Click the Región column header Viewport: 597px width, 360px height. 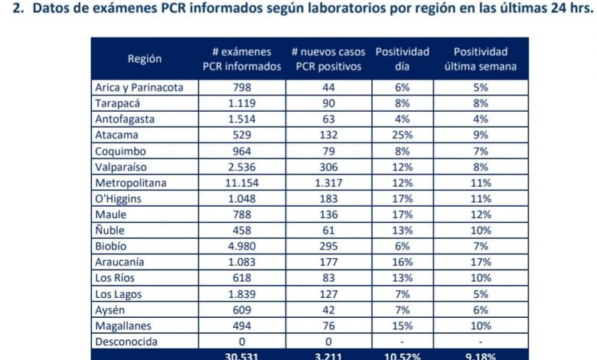point(145,59)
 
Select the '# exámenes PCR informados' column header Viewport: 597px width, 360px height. point(241,59)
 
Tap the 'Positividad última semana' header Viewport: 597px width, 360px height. point(480,59)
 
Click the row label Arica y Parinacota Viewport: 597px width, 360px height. point(139,87)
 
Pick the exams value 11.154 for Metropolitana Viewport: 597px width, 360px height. point(241,183)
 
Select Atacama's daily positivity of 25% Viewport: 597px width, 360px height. point(403,135)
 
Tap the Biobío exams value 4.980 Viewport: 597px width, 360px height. point(241,247)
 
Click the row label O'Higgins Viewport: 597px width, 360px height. point(119,198)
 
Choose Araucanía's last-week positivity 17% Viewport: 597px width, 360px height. point(480,262)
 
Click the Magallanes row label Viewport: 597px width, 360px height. point(122,326)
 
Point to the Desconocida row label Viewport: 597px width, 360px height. point(125,342)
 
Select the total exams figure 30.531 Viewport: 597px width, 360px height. point(241,355)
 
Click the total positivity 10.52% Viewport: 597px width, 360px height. point(403,355)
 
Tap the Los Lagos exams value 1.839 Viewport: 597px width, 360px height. point(241,294)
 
